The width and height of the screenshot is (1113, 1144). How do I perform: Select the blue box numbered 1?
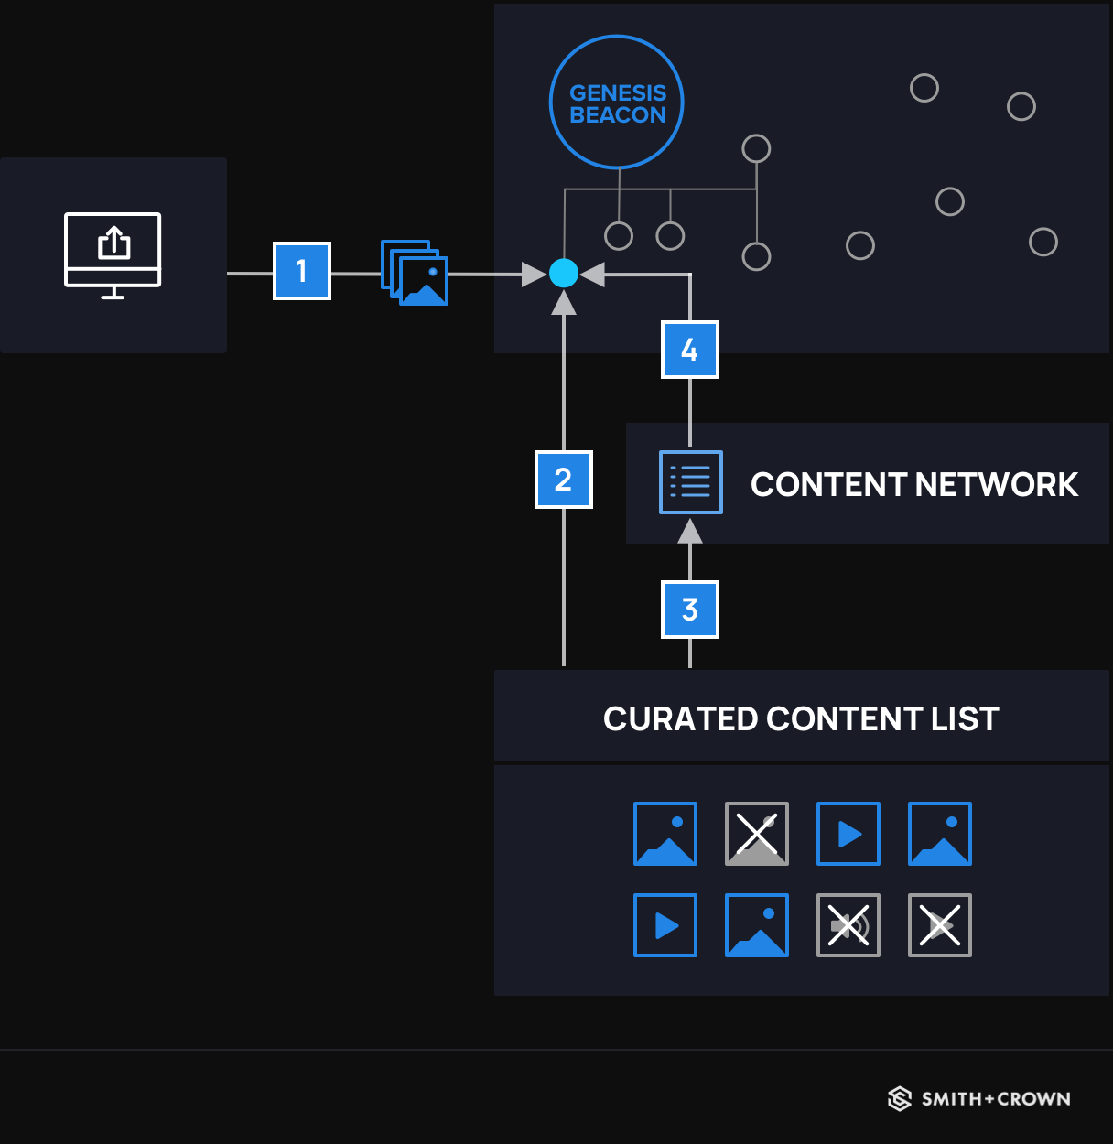tap(302, 271)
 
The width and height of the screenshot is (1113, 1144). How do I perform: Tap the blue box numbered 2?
tap(563, 480)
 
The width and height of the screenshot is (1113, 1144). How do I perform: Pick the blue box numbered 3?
tap(690, 610)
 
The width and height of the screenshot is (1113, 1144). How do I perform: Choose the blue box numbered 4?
tap(690, 350)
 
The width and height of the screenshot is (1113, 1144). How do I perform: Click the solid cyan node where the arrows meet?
tap(564, 273)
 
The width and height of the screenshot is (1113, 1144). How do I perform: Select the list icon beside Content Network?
tap(691, 482)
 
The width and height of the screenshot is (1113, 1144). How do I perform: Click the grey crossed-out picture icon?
tap(757, 834)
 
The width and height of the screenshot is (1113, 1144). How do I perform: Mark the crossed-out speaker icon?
tap(848, 925)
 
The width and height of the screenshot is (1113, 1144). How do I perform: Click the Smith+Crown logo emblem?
tap(900, 1098)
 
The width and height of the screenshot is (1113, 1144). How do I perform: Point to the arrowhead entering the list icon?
tap(690, 531)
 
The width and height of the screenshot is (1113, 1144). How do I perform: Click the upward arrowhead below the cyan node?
tap(564, 304)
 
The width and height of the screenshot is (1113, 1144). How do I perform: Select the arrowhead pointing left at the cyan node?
tap(592, 274)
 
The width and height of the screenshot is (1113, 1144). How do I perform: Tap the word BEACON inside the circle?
tap(618, 115)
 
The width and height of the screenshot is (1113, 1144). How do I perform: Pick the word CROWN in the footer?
tap(1033, 1099)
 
